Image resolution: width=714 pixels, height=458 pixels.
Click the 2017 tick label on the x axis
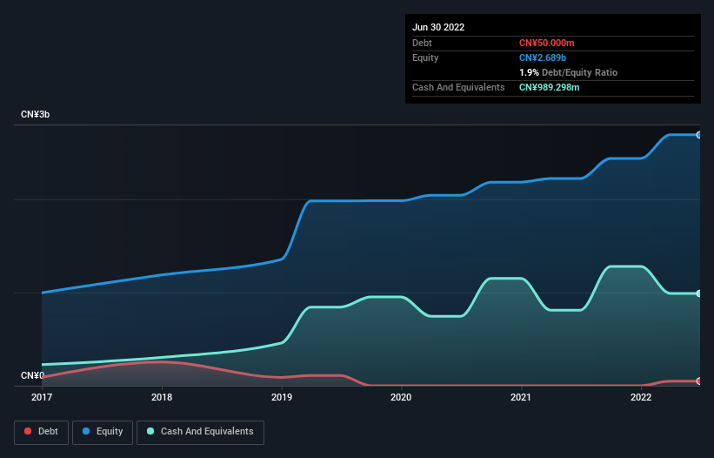(x=42, y=397)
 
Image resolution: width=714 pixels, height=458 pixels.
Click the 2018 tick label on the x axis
(x=162, y=397)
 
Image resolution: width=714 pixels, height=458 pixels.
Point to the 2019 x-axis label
(x=282, y=397)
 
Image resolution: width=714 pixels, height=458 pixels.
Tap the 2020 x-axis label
(x=402, y=397)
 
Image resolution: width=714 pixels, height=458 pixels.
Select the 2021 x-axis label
(x=521, y=397)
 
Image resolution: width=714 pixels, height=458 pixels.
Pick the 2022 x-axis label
(x=641, y=397)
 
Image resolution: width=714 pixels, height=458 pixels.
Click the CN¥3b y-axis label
(x=36, y=115)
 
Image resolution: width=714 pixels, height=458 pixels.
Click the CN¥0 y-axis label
(x=32, y=376)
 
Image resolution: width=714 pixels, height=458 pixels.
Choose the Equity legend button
(x=103, y=431)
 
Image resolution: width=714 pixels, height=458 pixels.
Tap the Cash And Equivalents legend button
(x=200, y=431)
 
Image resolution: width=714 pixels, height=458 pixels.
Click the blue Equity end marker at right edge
(x=699, y=135)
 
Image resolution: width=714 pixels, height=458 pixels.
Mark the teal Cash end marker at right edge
(x=699, y=293)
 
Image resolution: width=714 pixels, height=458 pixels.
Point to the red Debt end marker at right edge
(x=699, y=381)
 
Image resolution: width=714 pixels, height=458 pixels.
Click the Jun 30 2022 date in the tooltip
(x=438, y=27)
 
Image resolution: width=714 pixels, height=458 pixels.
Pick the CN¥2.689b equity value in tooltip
(x=543, y=57)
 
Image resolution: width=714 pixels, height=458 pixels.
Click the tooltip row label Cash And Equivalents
(x=458, y=87)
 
